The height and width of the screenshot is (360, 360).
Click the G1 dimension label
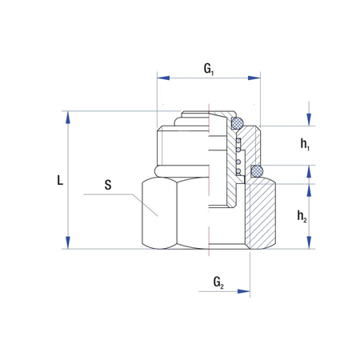209,70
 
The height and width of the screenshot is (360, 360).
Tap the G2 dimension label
218,282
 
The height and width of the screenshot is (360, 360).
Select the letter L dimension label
60,180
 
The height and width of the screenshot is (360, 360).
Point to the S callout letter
108,185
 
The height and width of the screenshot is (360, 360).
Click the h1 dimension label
305,145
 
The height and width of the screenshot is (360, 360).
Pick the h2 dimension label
302,216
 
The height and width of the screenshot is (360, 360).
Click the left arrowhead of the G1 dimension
163,78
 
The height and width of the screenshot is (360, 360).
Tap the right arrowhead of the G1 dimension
254,78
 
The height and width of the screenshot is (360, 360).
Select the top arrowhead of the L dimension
68,118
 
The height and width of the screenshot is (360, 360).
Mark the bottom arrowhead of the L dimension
68,242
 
